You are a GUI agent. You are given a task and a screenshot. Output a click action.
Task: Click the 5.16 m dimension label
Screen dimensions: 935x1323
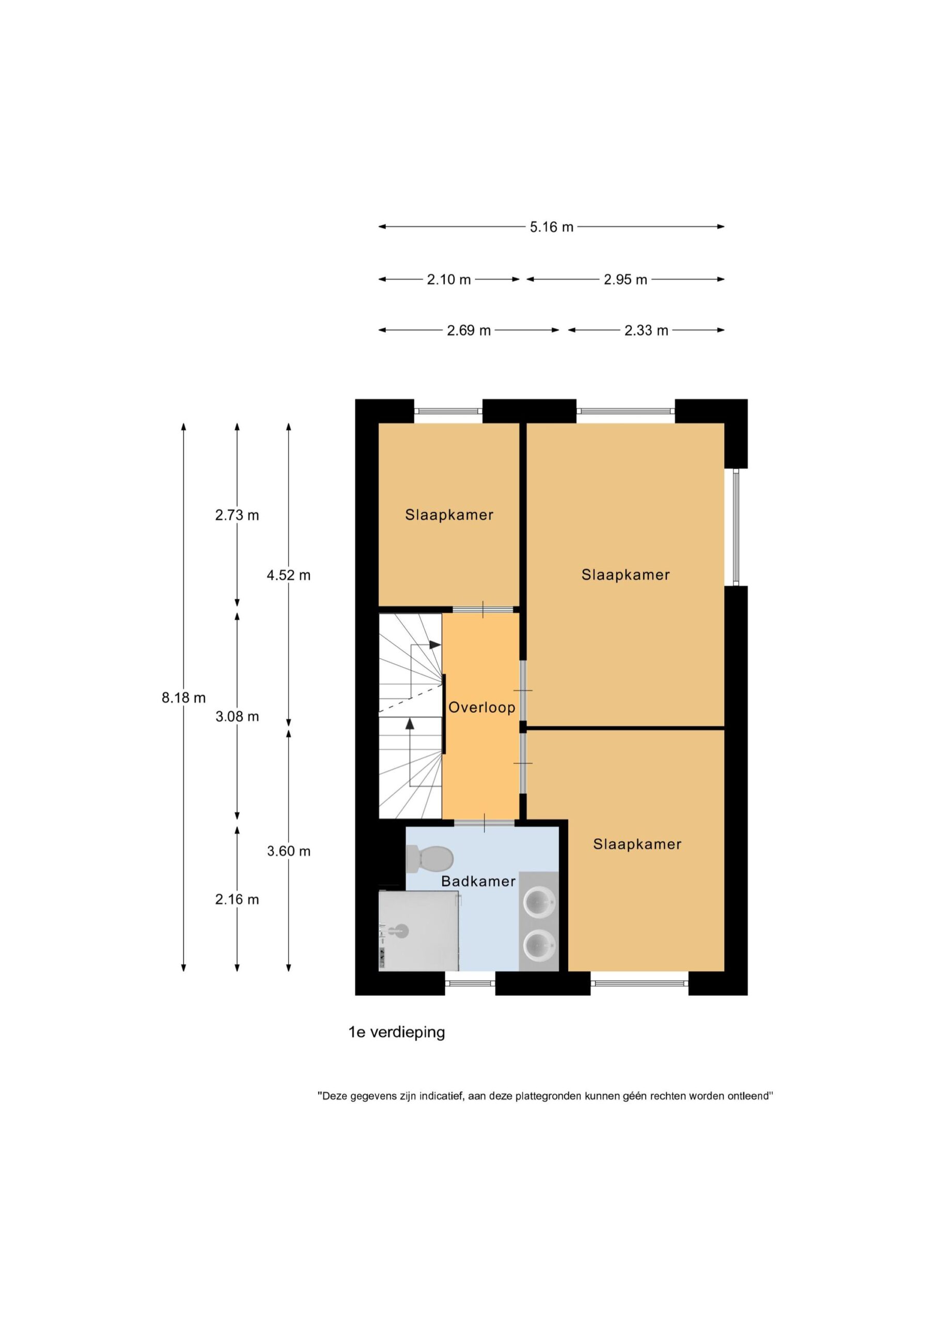click(551, 227)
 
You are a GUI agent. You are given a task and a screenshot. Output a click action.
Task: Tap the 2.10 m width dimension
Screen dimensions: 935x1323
click(449, 280)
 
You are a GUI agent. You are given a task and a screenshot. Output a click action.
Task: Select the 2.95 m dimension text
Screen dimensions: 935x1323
click(625, 280)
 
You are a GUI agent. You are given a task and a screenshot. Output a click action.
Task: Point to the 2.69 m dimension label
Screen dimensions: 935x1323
click(469, 331)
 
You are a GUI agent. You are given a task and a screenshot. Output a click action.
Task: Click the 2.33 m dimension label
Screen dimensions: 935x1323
click(646, 331)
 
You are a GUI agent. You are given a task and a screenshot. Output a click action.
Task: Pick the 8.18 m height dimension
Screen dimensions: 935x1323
click(184, 698)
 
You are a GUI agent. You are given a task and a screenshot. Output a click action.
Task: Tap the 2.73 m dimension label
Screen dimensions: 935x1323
click(237, 515)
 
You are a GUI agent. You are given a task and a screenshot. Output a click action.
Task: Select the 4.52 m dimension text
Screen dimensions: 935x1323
click(289, 575)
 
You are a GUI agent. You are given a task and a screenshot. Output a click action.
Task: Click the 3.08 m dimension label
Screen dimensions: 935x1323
click(237, 716)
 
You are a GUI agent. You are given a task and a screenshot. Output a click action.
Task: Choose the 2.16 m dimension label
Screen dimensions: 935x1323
click(237, 899)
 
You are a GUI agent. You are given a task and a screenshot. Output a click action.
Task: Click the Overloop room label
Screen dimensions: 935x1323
click(481, 707)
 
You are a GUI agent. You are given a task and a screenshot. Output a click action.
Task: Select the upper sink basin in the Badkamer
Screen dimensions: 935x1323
click(540, 902)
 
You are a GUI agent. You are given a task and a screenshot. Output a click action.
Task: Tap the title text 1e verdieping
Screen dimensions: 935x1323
click(396, 1032)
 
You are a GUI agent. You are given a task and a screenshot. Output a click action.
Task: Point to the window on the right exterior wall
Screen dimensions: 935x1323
click(736, 527)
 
